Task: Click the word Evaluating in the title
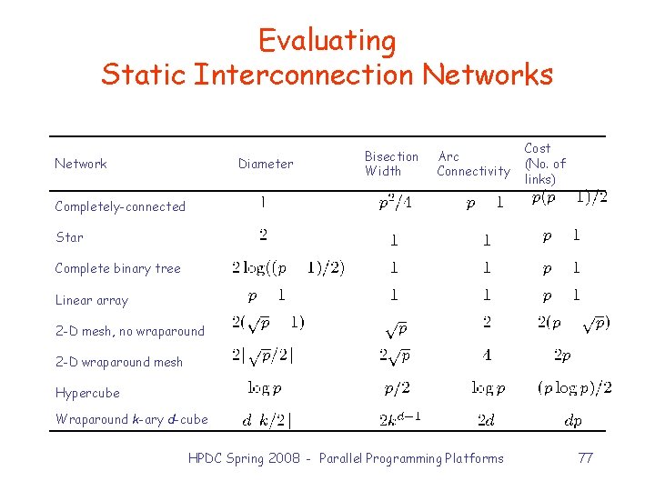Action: [x=327, y=41]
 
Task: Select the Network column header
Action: [x=81, y=164]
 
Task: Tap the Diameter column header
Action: [x=266, y=164]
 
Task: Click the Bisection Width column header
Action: [x=391, y=164]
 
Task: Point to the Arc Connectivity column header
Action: [x=473, y=164]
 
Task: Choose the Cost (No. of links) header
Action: [x=544, y=164]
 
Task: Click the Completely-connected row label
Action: [x=120, y=206]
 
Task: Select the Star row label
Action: [x=69, y=237]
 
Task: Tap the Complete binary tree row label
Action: [x=117, y=268]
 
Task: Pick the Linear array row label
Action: [x=91, y=300]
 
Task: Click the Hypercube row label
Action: [x=87, y=393]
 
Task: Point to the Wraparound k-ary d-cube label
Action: [x=131, y=419]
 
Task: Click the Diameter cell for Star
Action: [x=263, y=235]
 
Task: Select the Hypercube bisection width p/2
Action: [x=397, y=388]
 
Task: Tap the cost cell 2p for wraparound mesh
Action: [x=562, y=356]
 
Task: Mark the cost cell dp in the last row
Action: [x=573, y=421]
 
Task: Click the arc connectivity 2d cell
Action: [x=487, y=420]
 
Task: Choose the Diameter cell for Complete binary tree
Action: [x=288, y=268]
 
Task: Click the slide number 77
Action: [x=585, y=458]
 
